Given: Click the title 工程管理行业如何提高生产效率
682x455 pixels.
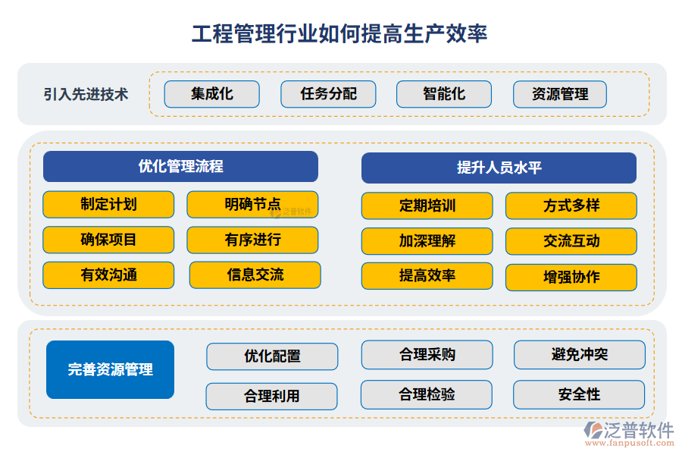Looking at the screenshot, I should click(339, 33).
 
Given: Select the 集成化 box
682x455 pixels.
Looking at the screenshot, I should click(212, 94).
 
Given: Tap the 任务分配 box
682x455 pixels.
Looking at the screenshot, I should click(328, 94).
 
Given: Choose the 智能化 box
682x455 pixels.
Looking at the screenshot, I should click(444, 94).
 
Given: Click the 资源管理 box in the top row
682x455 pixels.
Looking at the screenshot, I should click(560, 95).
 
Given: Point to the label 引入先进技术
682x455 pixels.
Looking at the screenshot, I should click(86, 94).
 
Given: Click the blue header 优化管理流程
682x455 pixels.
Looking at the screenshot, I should click(180, 167).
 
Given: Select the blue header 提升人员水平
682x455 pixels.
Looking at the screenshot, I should click(499, 168).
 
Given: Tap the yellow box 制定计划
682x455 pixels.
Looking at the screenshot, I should click(108, 204).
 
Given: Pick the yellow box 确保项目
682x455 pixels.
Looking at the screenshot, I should click(108, 240).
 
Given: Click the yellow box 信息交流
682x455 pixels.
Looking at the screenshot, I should click(255, 275).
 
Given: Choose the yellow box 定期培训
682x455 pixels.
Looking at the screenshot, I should click(427, 206).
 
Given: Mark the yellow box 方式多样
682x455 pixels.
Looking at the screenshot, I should click(571, 206).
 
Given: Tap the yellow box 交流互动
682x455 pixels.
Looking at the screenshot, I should click(571, 241).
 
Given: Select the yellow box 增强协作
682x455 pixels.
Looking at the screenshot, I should click(571, 277).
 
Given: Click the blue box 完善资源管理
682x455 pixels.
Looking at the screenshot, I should click(110, 369).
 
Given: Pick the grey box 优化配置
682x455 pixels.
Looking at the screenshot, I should click(272, 356).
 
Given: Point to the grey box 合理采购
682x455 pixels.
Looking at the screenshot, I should click(427, 354).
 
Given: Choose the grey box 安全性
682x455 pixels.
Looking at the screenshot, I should click(579, 394).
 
